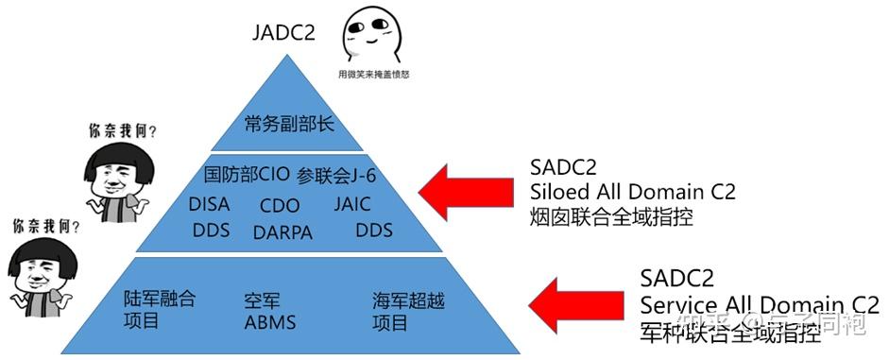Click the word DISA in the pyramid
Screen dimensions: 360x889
point(209,204)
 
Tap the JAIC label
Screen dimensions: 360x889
point(351,204)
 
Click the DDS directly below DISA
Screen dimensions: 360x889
point(212,230)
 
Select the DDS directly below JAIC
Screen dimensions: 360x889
point(373,230)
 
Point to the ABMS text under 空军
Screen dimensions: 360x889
point(270,322)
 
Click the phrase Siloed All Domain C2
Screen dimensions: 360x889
point(632,192)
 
